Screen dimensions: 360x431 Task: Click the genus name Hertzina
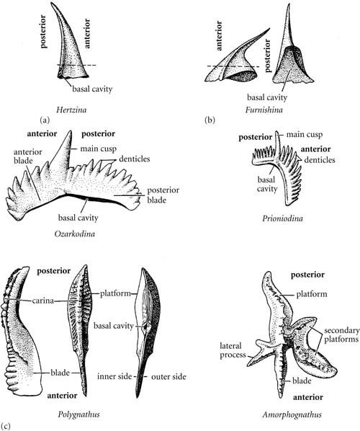(71, 110)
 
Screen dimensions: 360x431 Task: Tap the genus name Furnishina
(264, 110)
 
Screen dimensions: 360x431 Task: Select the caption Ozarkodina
(75, 234)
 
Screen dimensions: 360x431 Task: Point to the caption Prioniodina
(282, 218)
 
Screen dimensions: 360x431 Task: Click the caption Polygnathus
(78, 414)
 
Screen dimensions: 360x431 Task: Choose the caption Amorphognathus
(292, 414)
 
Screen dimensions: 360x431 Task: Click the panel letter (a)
(45, 120)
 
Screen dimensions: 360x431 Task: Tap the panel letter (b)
(210, 120)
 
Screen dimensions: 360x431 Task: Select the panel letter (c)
(6, 427)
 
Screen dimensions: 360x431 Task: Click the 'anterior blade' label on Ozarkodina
(28, 156)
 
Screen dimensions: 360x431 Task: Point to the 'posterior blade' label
(163, 195)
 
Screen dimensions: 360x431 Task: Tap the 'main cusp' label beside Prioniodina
(305, 135)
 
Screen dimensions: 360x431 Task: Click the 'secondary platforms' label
(341, 335)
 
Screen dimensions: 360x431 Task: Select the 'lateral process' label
(233, 350)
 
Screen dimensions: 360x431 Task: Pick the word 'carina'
(42, 301)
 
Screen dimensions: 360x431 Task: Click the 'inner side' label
(114, 376)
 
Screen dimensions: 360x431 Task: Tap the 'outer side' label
(168, 376)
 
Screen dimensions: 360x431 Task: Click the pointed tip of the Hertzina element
(52, 3)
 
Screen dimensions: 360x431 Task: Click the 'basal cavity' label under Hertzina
(92, 89)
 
